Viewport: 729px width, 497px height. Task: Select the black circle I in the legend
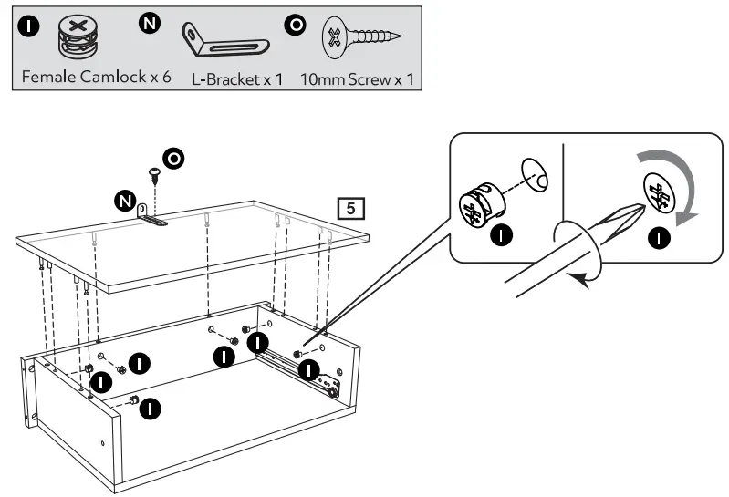[29, 25]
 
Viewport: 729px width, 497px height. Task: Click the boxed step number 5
[351, 207]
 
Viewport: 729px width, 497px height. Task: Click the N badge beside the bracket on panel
[124, 200]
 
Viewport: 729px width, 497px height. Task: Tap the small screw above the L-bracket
[154, 172]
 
